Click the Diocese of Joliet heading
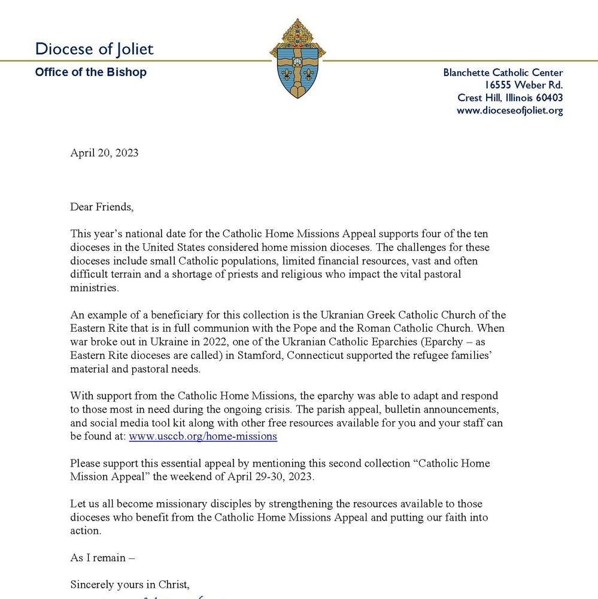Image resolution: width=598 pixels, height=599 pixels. pyautogui.click(x=94, y=49)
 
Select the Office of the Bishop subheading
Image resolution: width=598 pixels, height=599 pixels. pyautogui.click(x=90, y=72)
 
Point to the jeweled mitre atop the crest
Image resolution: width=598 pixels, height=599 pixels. pyautogui.click(x=298, y=32)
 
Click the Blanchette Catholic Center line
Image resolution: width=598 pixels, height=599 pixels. pyautogui.click(x=503, y=72)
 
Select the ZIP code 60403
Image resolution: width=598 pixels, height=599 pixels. pyautogui.click(x=550, y=98)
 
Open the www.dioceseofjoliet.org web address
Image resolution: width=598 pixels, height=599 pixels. pyautogui.click(x=509, y=110)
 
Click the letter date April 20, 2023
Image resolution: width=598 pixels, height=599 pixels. pyautogui.click(x=104, y=153)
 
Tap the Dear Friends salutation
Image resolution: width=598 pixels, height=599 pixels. pyautogui.click(x=102, y=207)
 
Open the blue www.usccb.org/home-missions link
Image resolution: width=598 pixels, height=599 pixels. pyautogui.click(x=203, y=436)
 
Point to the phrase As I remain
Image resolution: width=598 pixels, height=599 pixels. pyautogui.click(x=102, y=558)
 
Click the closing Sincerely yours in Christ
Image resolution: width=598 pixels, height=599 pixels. pyautogui.click(x=130, y=584)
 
